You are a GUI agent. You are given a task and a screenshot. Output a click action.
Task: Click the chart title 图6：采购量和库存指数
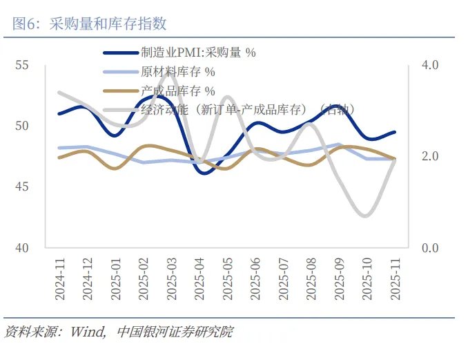pos(90,23)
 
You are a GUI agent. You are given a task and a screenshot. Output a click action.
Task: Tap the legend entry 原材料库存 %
pos(177,71)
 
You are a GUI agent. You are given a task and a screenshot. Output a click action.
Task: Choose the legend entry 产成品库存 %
pos(177,90)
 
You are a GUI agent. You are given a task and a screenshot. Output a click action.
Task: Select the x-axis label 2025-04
pos(199,280)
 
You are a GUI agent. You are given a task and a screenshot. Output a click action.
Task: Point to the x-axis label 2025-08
pos(311,280)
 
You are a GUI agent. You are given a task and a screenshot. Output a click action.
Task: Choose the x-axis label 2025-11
pos(396,280)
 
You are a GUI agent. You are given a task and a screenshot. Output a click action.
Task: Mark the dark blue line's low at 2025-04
pos(205,173)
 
